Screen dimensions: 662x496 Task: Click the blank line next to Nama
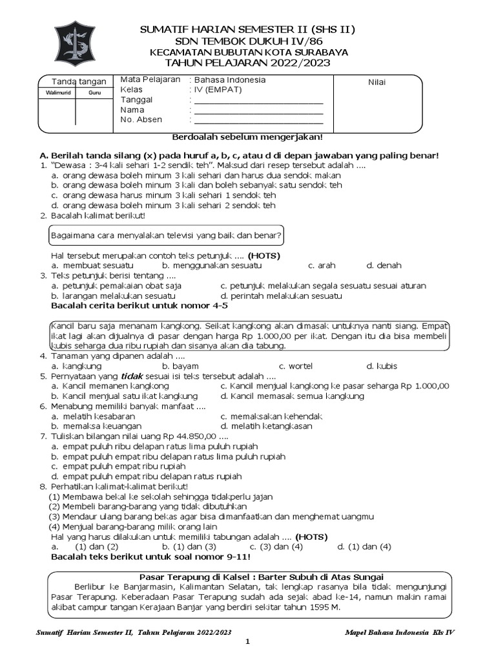point(258,111)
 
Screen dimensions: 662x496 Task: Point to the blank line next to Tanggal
point(258,101)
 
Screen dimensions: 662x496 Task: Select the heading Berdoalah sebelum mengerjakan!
point(247,137)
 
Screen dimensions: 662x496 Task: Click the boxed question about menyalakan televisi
point(167,234)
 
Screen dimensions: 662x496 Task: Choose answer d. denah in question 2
point(384,265)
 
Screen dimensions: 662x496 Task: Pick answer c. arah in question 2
point(322,265)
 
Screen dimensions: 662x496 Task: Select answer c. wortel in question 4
point(295,366)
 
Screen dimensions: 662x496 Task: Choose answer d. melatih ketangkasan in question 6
point(266,426)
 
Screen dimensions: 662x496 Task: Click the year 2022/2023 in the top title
point(300,63)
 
